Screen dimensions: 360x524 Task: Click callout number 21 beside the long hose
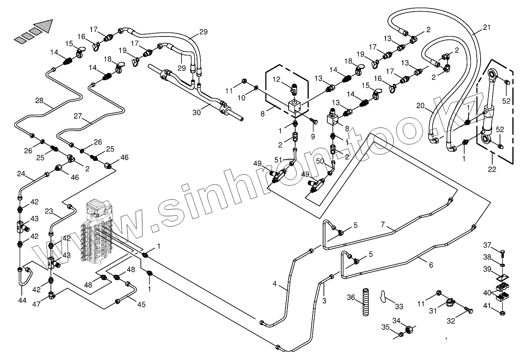[487, 28]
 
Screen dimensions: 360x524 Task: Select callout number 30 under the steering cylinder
[197, 113]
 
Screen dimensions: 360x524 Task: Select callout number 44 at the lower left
[22, 300]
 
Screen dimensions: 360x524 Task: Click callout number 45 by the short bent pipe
[141, 305]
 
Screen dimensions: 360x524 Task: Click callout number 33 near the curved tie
[399, 307]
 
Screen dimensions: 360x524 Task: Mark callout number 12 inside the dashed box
[276, 79]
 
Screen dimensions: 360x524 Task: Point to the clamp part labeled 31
[450, 303]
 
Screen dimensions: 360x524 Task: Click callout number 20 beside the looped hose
[420, 106]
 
